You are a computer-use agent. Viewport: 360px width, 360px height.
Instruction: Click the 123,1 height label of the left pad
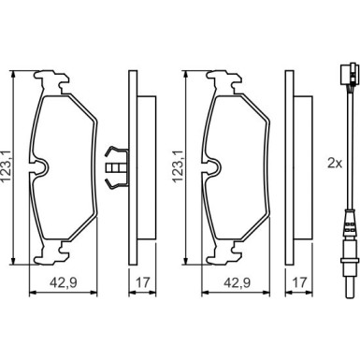(6, 167)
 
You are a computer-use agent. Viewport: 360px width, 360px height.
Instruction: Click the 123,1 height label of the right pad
(179, 167)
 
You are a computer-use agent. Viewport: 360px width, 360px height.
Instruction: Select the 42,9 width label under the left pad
(64, 282)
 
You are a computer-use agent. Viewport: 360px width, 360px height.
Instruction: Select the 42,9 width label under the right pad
(238, 282)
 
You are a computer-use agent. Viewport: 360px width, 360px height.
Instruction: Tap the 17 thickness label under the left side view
(143, 282)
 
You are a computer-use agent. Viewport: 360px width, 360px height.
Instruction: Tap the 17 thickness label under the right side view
(299, 282)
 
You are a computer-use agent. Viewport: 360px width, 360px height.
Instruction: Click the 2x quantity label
(335, 163)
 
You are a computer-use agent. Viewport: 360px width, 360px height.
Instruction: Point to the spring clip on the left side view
(117, 167)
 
